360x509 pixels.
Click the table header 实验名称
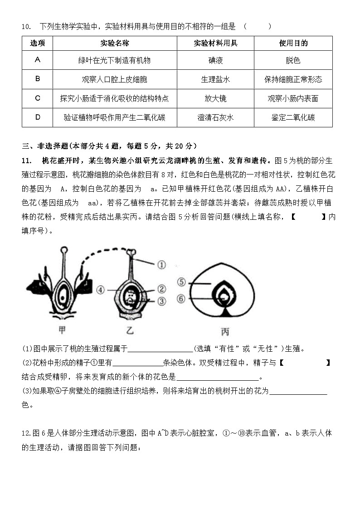[115, 44]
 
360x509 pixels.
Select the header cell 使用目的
[293, 44]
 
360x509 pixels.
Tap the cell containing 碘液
[215, 60]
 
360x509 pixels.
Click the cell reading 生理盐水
[215, 79]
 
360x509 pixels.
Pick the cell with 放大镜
[215, 98]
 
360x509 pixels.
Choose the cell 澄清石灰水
[215, 117]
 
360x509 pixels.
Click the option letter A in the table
[38, 60]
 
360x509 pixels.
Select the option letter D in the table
[38, 117]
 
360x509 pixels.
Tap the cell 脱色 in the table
[293, 60]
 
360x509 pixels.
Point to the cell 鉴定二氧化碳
[293, 117]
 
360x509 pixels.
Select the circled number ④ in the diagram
[101, 289]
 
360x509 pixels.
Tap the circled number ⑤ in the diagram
[181, 282]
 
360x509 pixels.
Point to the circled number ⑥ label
[181, 299]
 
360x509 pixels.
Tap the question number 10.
[26, 26]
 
